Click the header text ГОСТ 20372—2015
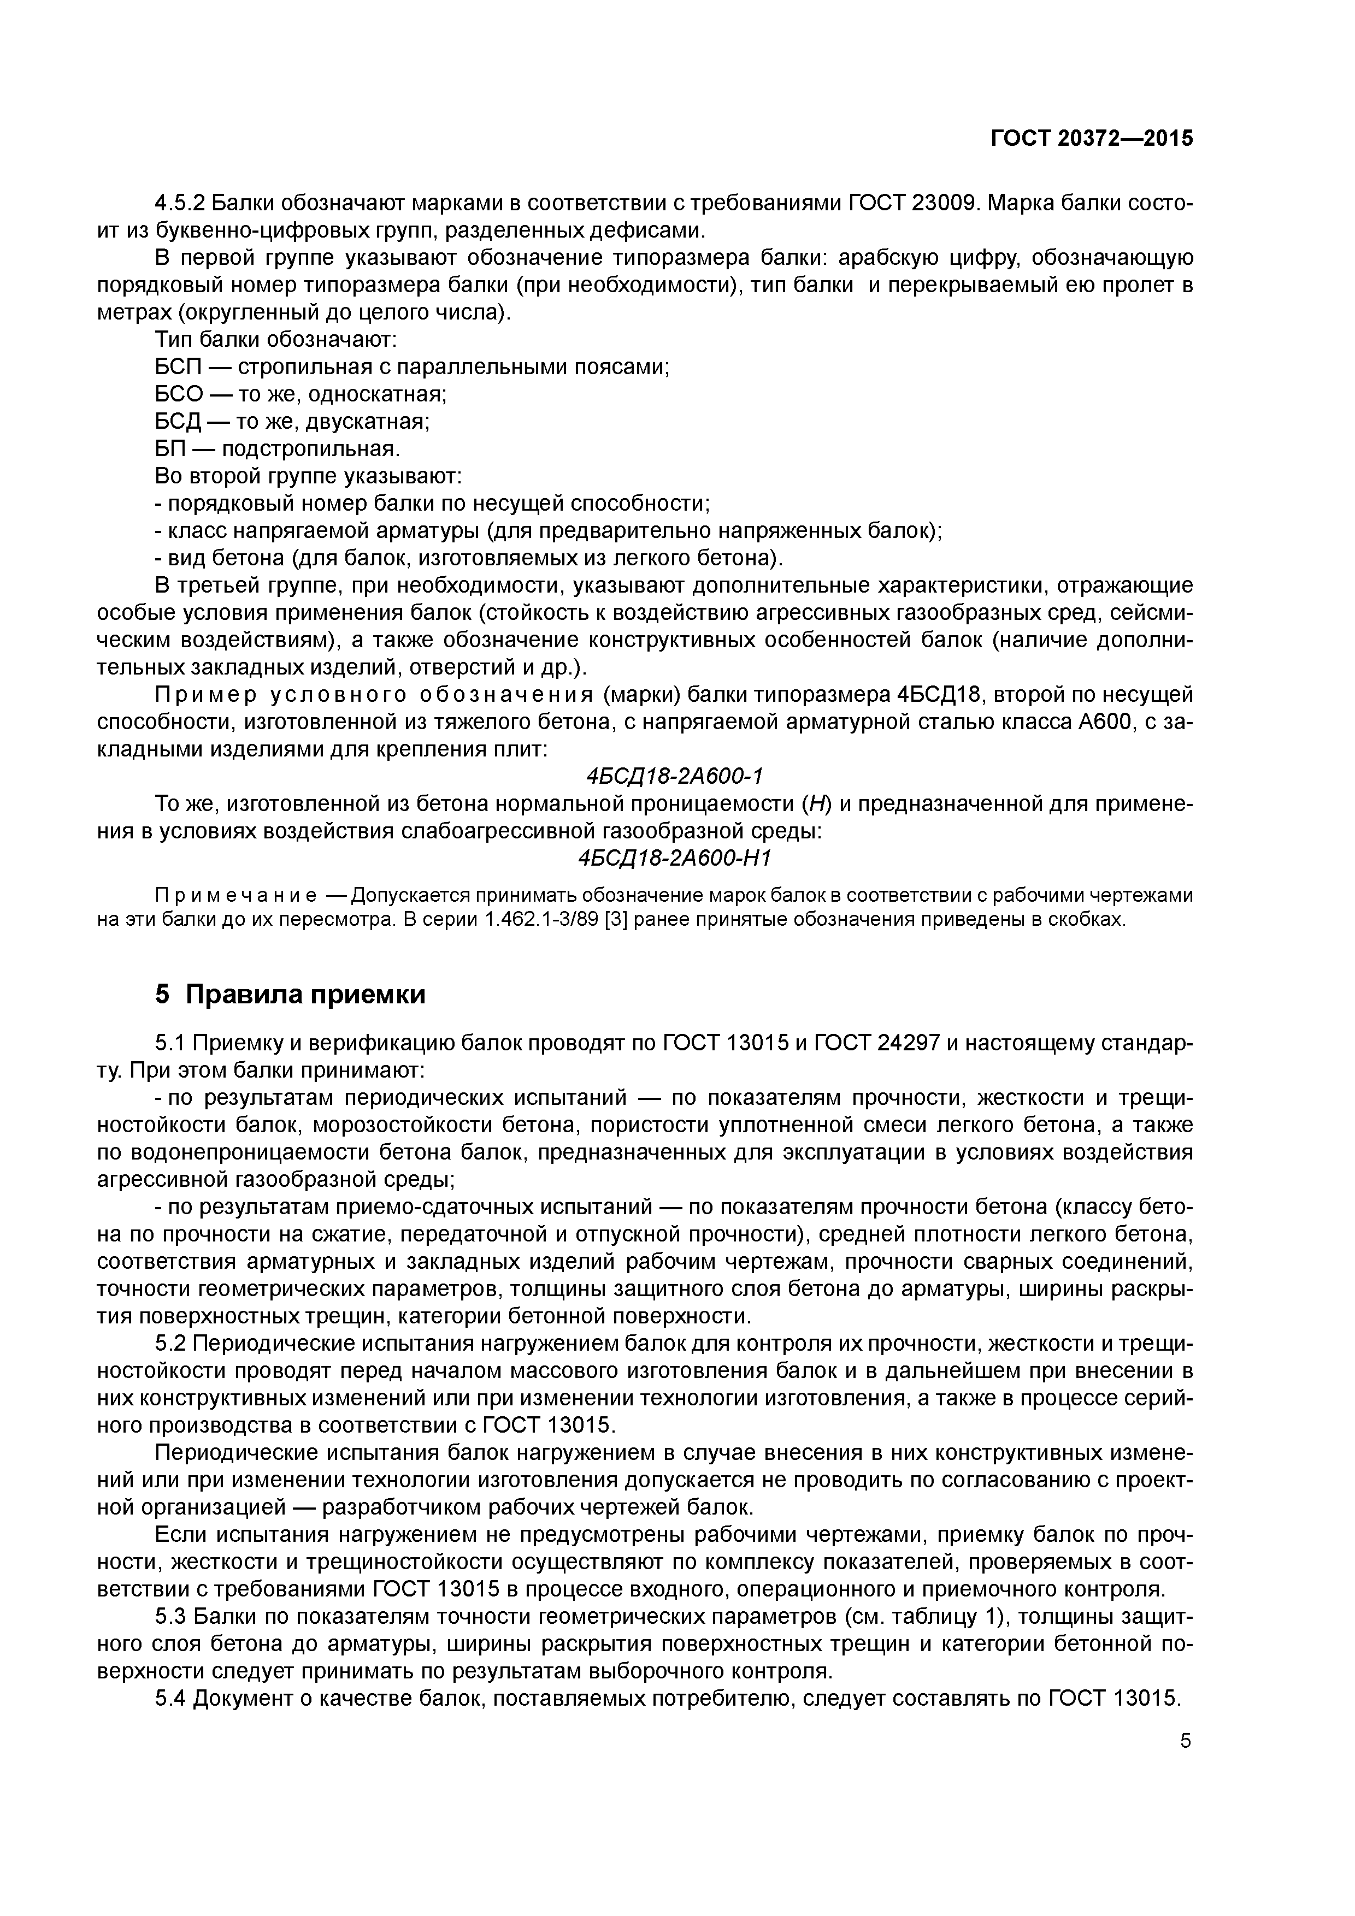1091,139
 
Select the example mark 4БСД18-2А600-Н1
675,859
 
